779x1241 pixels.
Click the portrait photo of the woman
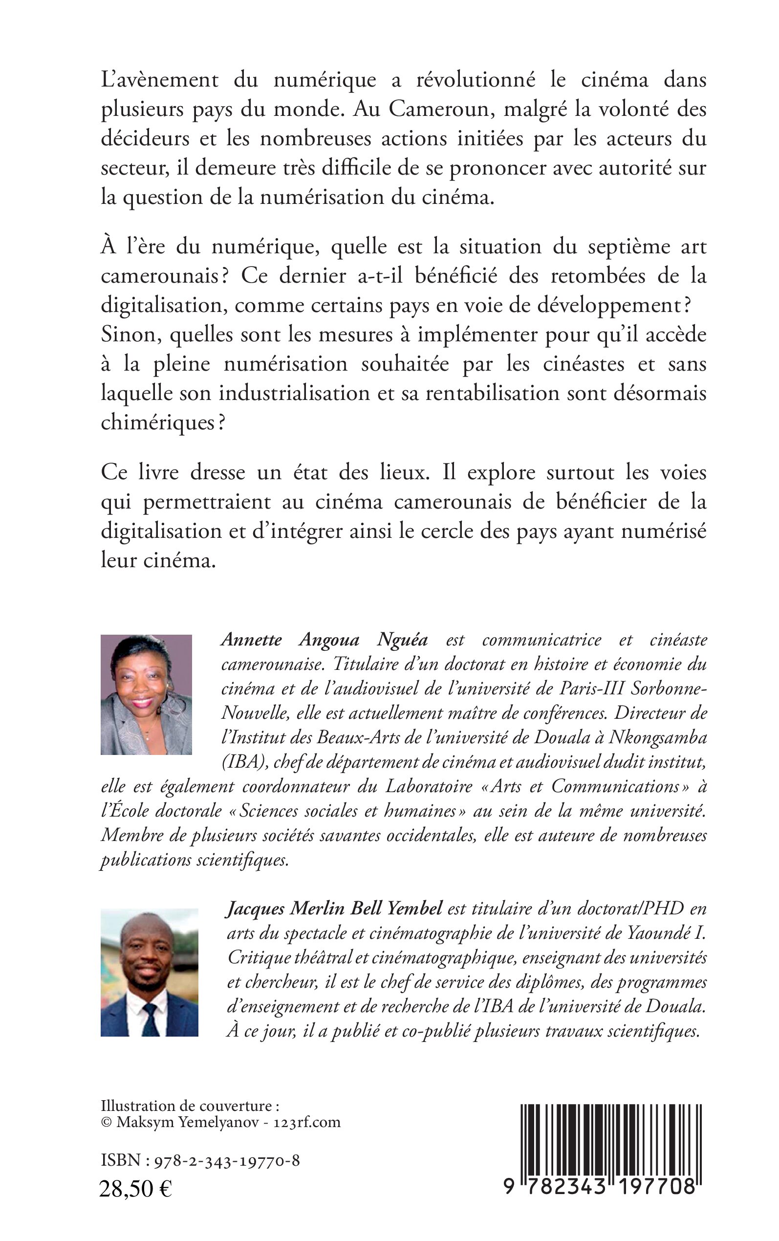point(146,694)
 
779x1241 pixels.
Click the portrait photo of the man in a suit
point(150,972)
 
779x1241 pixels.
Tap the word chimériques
point(158,422)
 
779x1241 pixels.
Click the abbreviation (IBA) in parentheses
point(242,762)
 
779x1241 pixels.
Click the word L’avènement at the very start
point(160,80)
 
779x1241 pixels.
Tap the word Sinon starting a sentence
point(129,335)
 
